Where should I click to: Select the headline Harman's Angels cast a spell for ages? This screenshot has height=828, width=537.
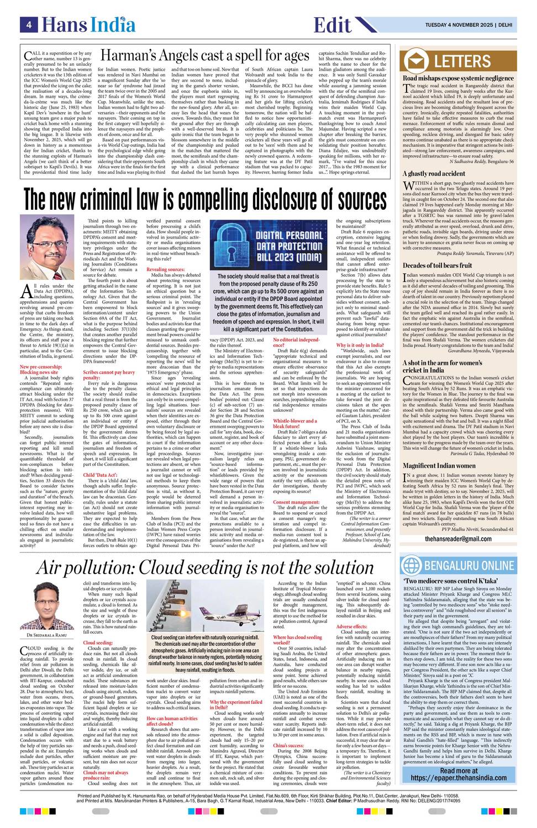(204, 56)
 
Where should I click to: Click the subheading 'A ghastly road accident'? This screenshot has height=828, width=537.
(434, 173)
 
